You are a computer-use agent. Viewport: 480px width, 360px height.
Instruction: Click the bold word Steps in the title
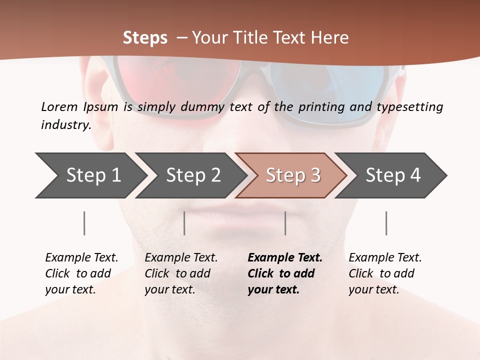pos(145,38)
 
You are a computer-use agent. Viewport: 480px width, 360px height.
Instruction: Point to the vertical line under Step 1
pos(84,223)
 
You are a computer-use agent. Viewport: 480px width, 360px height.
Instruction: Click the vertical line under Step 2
pos(184,223)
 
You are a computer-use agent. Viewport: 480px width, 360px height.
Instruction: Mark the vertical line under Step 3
pos(285,223)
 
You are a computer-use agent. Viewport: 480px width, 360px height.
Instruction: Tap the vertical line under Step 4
pos(386,223)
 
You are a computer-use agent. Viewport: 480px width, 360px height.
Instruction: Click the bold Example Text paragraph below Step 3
pos(285,273)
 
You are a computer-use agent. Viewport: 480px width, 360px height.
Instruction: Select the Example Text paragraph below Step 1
pos(81,273)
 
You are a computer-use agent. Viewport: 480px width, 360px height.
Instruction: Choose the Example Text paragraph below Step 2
pos(181,273)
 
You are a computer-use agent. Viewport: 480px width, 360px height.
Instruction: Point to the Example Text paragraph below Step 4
pos(385,273)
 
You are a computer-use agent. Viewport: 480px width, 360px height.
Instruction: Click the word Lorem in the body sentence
pos(59,107)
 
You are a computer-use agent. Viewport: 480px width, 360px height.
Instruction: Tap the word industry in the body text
pos(65,125)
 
